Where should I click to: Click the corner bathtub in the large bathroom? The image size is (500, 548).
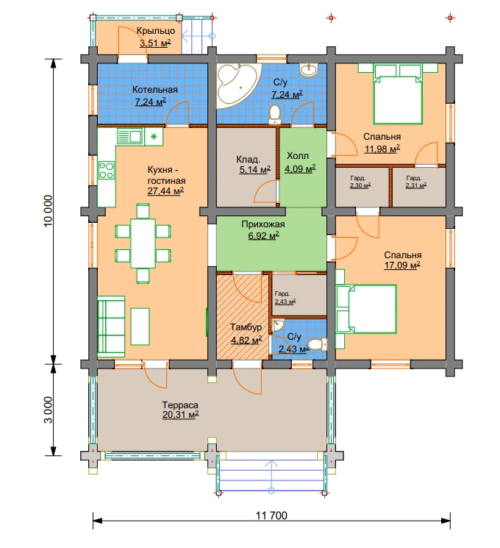pos(235,84)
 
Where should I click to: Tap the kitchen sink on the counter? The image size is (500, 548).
pos(130,136)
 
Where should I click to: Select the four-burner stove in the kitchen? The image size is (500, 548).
pos(107,170)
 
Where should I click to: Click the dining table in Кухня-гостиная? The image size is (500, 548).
pos(143,243)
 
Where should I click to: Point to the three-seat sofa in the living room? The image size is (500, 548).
pos(111,327)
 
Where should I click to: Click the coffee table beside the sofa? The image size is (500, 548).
pos(140,327)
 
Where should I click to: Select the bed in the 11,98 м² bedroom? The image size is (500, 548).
pos(398,93)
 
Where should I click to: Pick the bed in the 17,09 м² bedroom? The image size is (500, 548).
pos(366,309)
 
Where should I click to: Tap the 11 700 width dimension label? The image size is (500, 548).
pos(271,516)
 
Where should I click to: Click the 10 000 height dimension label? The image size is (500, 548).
pos(49,211)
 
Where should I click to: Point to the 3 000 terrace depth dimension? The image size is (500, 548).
pos(49,410)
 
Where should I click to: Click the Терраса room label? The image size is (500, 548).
pos(180,405)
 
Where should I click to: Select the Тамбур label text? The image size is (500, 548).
pos(246,327)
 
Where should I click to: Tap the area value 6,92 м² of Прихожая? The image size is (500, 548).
pos(263,235)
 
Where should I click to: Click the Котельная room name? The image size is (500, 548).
pos(155,90)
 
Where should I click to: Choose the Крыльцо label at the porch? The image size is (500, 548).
pos(156,31)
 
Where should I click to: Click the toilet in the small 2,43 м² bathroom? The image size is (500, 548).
pos(319,344)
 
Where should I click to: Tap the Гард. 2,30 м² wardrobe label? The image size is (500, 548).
pos(360,182)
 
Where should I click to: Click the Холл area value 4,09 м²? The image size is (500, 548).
pos(300,169)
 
